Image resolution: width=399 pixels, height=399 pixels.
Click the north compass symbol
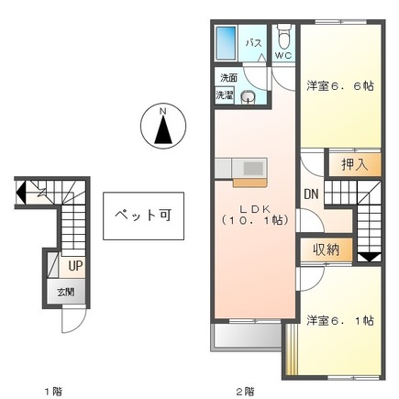click(x=162, y=126)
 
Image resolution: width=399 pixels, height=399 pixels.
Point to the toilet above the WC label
click(x=283, y=39)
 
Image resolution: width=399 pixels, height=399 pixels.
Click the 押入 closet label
click(x=354, y=165)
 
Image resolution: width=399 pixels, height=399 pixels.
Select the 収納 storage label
click(x=327, y=248)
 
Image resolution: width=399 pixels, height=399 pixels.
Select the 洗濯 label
click(x=226, y=94)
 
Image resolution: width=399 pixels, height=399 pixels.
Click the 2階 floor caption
click(x=244, y=391)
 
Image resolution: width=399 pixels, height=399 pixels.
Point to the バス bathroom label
click(x=255, y=43)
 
